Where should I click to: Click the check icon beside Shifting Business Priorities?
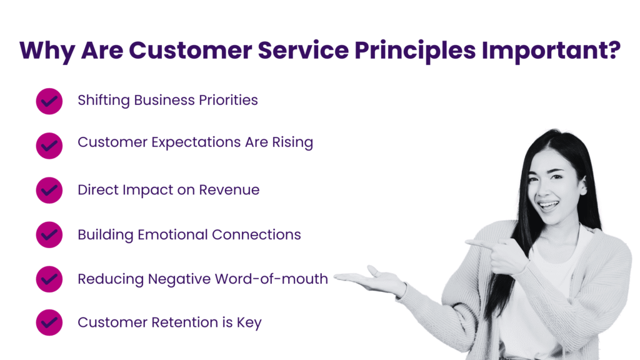click(x=49, y=101)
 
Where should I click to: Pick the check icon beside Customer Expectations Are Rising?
click(x=49, y=146)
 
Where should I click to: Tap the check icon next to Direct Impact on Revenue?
click(x=49, y=190)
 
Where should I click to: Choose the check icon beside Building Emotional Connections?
click(x=49, y=235)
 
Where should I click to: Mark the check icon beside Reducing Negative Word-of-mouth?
click(x=49, y=279)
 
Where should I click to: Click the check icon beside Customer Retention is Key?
click(x=49, y=322)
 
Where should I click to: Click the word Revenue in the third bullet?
click(x=229, y=190)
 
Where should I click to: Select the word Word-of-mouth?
click(x=271, y=279)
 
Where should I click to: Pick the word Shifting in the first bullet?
click(x=104, y=101)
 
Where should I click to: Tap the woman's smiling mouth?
click(x=548, y=205)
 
